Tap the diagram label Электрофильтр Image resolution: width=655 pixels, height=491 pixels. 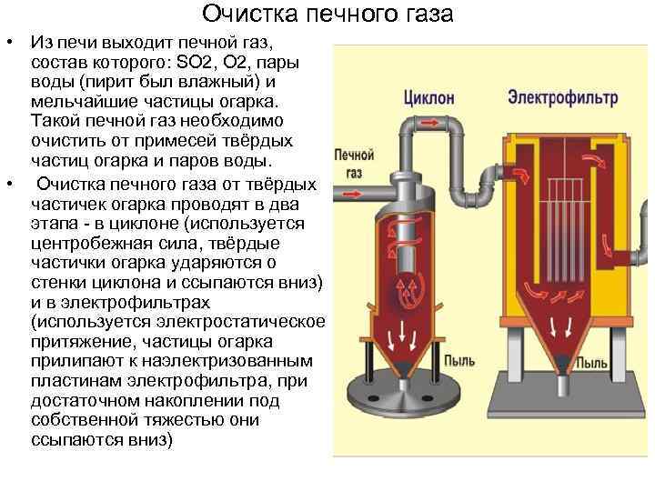pyautogui.click(x=562, y=95)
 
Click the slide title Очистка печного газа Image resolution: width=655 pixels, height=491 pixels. pyautogui.click(x=327, y=15)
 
